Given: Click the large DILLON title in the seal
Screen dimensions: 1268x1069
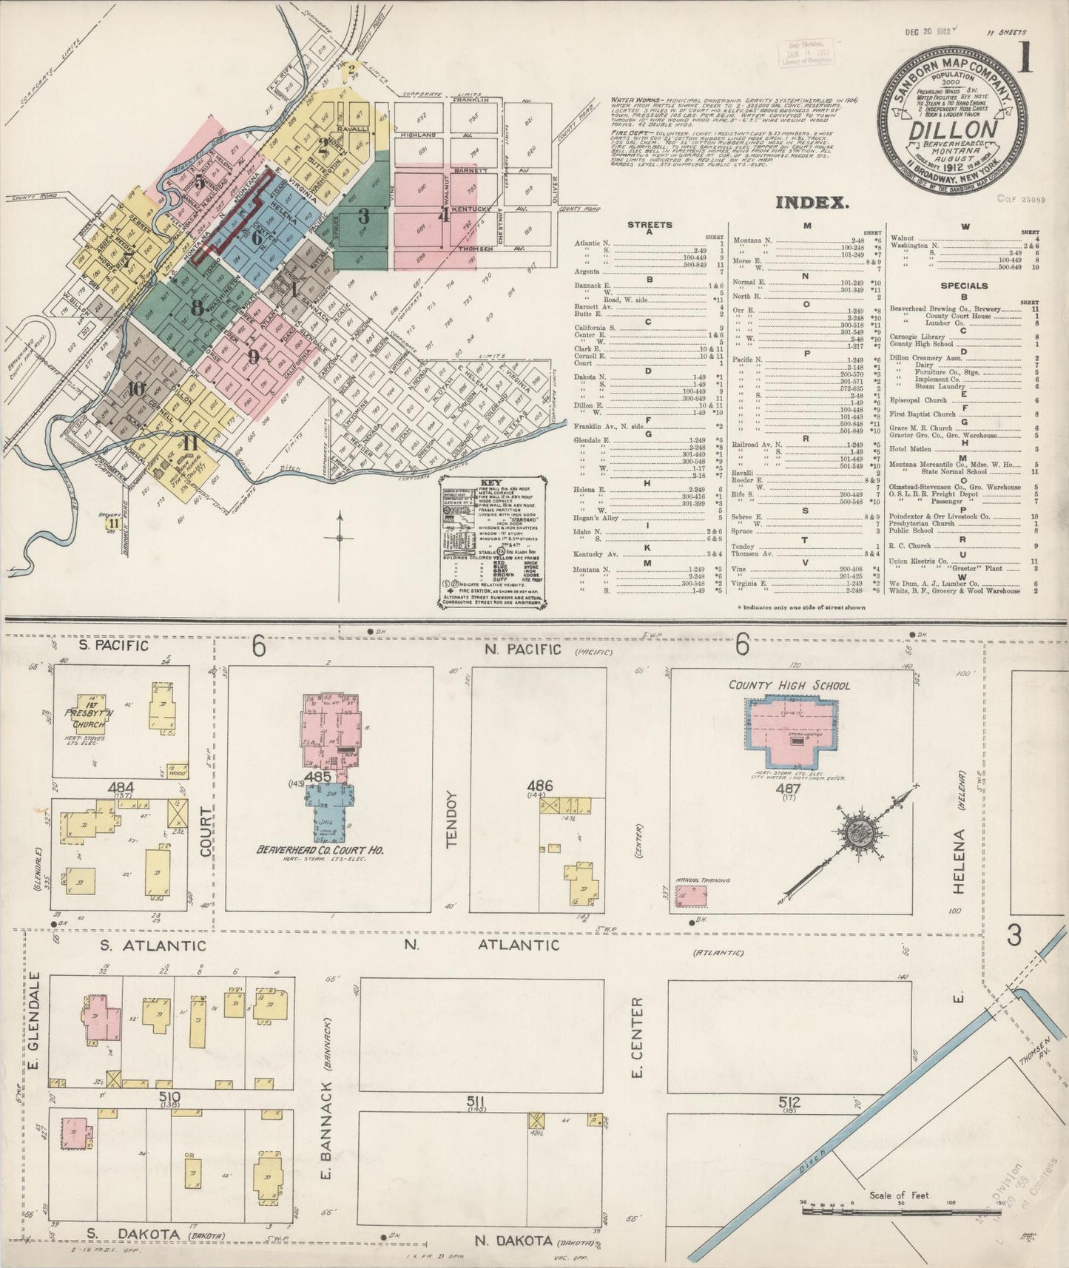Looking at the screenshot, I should click(x=952, y=132).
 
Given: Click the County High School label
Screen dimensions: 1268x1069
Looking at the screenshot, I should click(x=789, y=685).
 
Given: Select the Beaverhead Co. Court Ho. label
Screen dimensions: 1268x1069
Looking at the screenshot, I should click(x=320, y=851).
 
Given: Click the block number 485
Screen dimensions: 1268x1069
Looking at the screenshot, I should click(x=317, y=777).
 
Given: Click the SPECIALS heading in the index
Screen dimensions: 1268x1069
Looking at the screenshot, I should click(x=964, y=285).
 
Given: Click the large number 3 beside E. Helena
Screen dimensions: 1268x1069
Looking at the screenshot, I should click(x=1013, y=936).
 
